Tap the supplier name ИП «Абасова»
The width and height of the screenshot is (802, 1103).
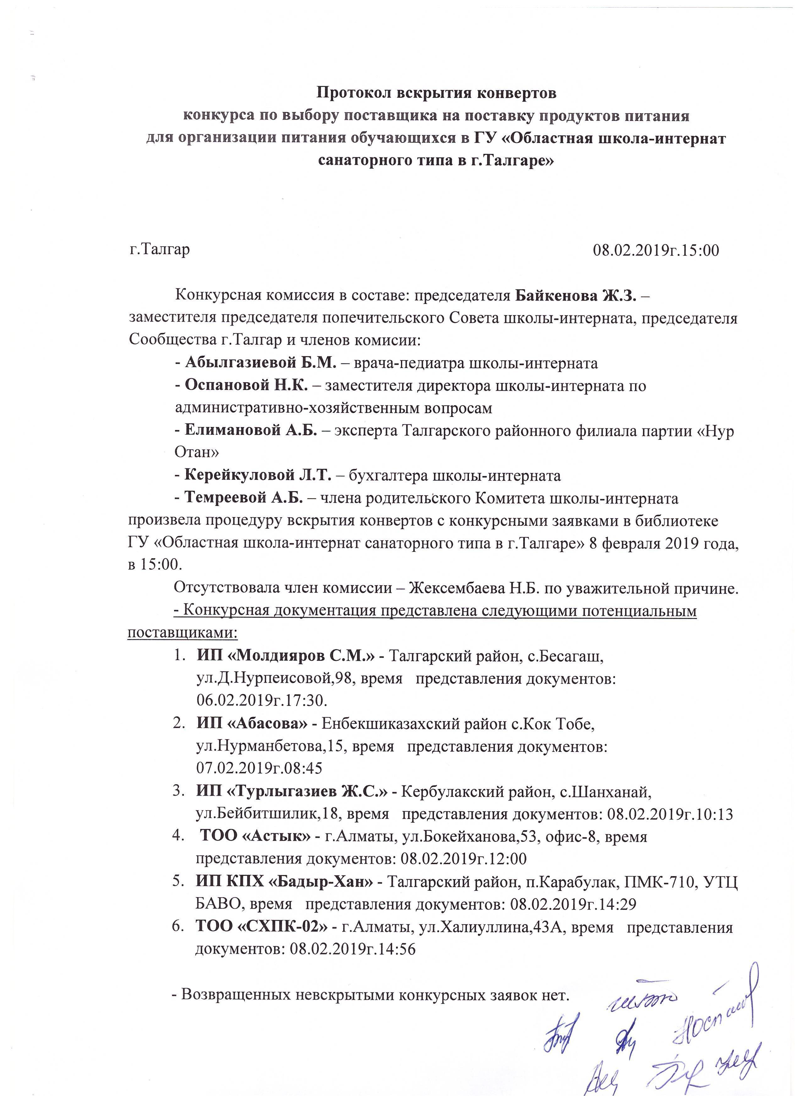pyautogui.click(x=252, y=724)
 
